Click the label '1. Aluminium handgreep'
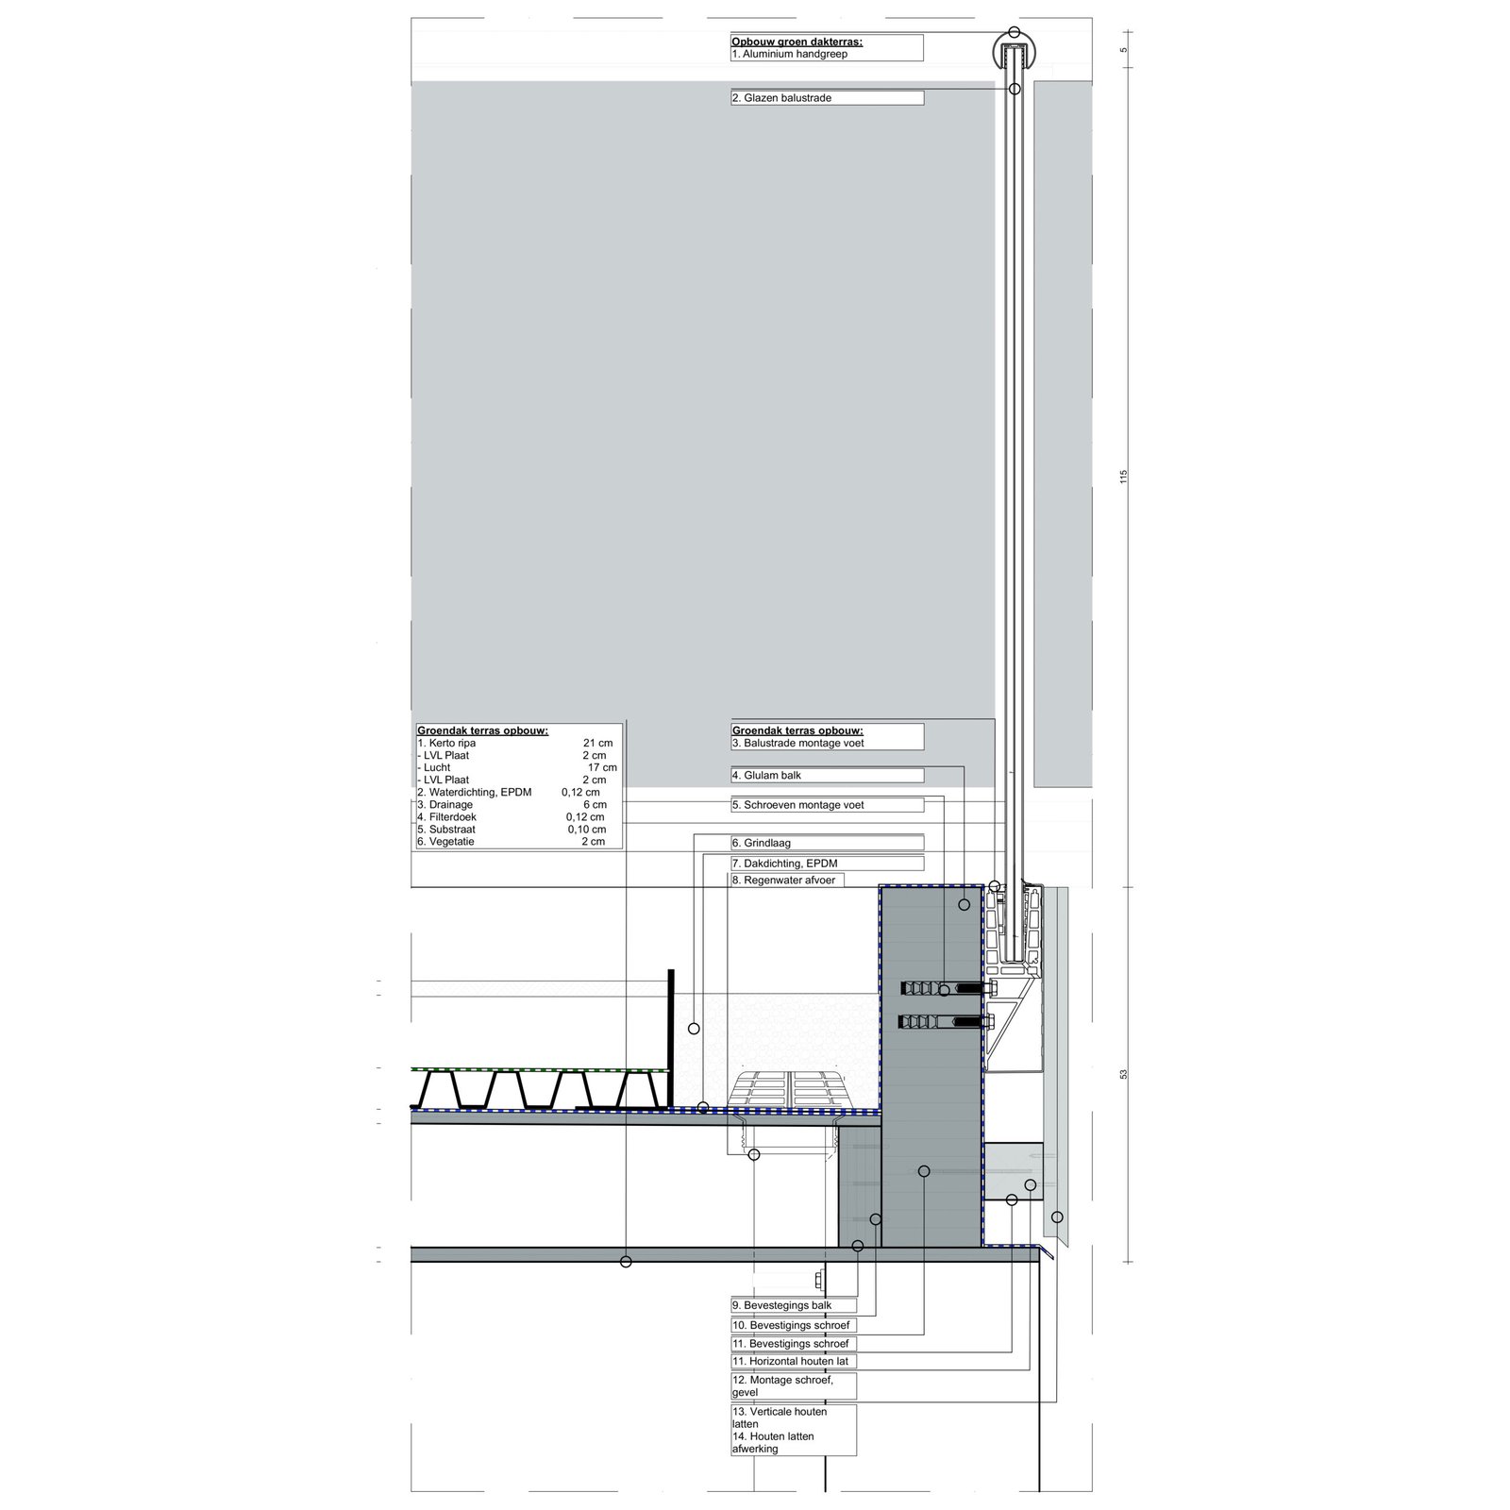[x=789, y=55]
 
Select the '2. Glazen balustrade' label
[x=781, y=98]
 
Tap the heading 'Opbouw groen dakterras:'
[x=797, y=42]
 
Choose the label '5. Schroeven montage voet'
[x=797, y=806]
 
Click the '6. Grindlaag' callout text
[x=761, y=844]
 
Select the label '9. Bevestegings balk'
[x=781, y=1306]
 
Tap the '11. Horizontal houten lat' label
[x=790, y=1362]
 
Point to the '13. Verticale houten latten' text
[x=780, y=1418]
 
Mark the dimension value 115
[x=1124, y=477]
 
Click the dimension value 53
[x=1124, y=1075]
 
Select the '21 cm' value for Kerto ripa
[x=597, y=744]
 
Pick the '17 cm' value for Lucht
[x=602, y=768]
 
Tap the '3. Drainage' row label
[x=445, y=805]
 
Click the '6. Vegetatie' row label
[x=445, y=842]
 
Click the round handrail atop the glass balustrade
[x=1015, y=49]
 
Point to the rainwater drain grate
[x=791, y=1088]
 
